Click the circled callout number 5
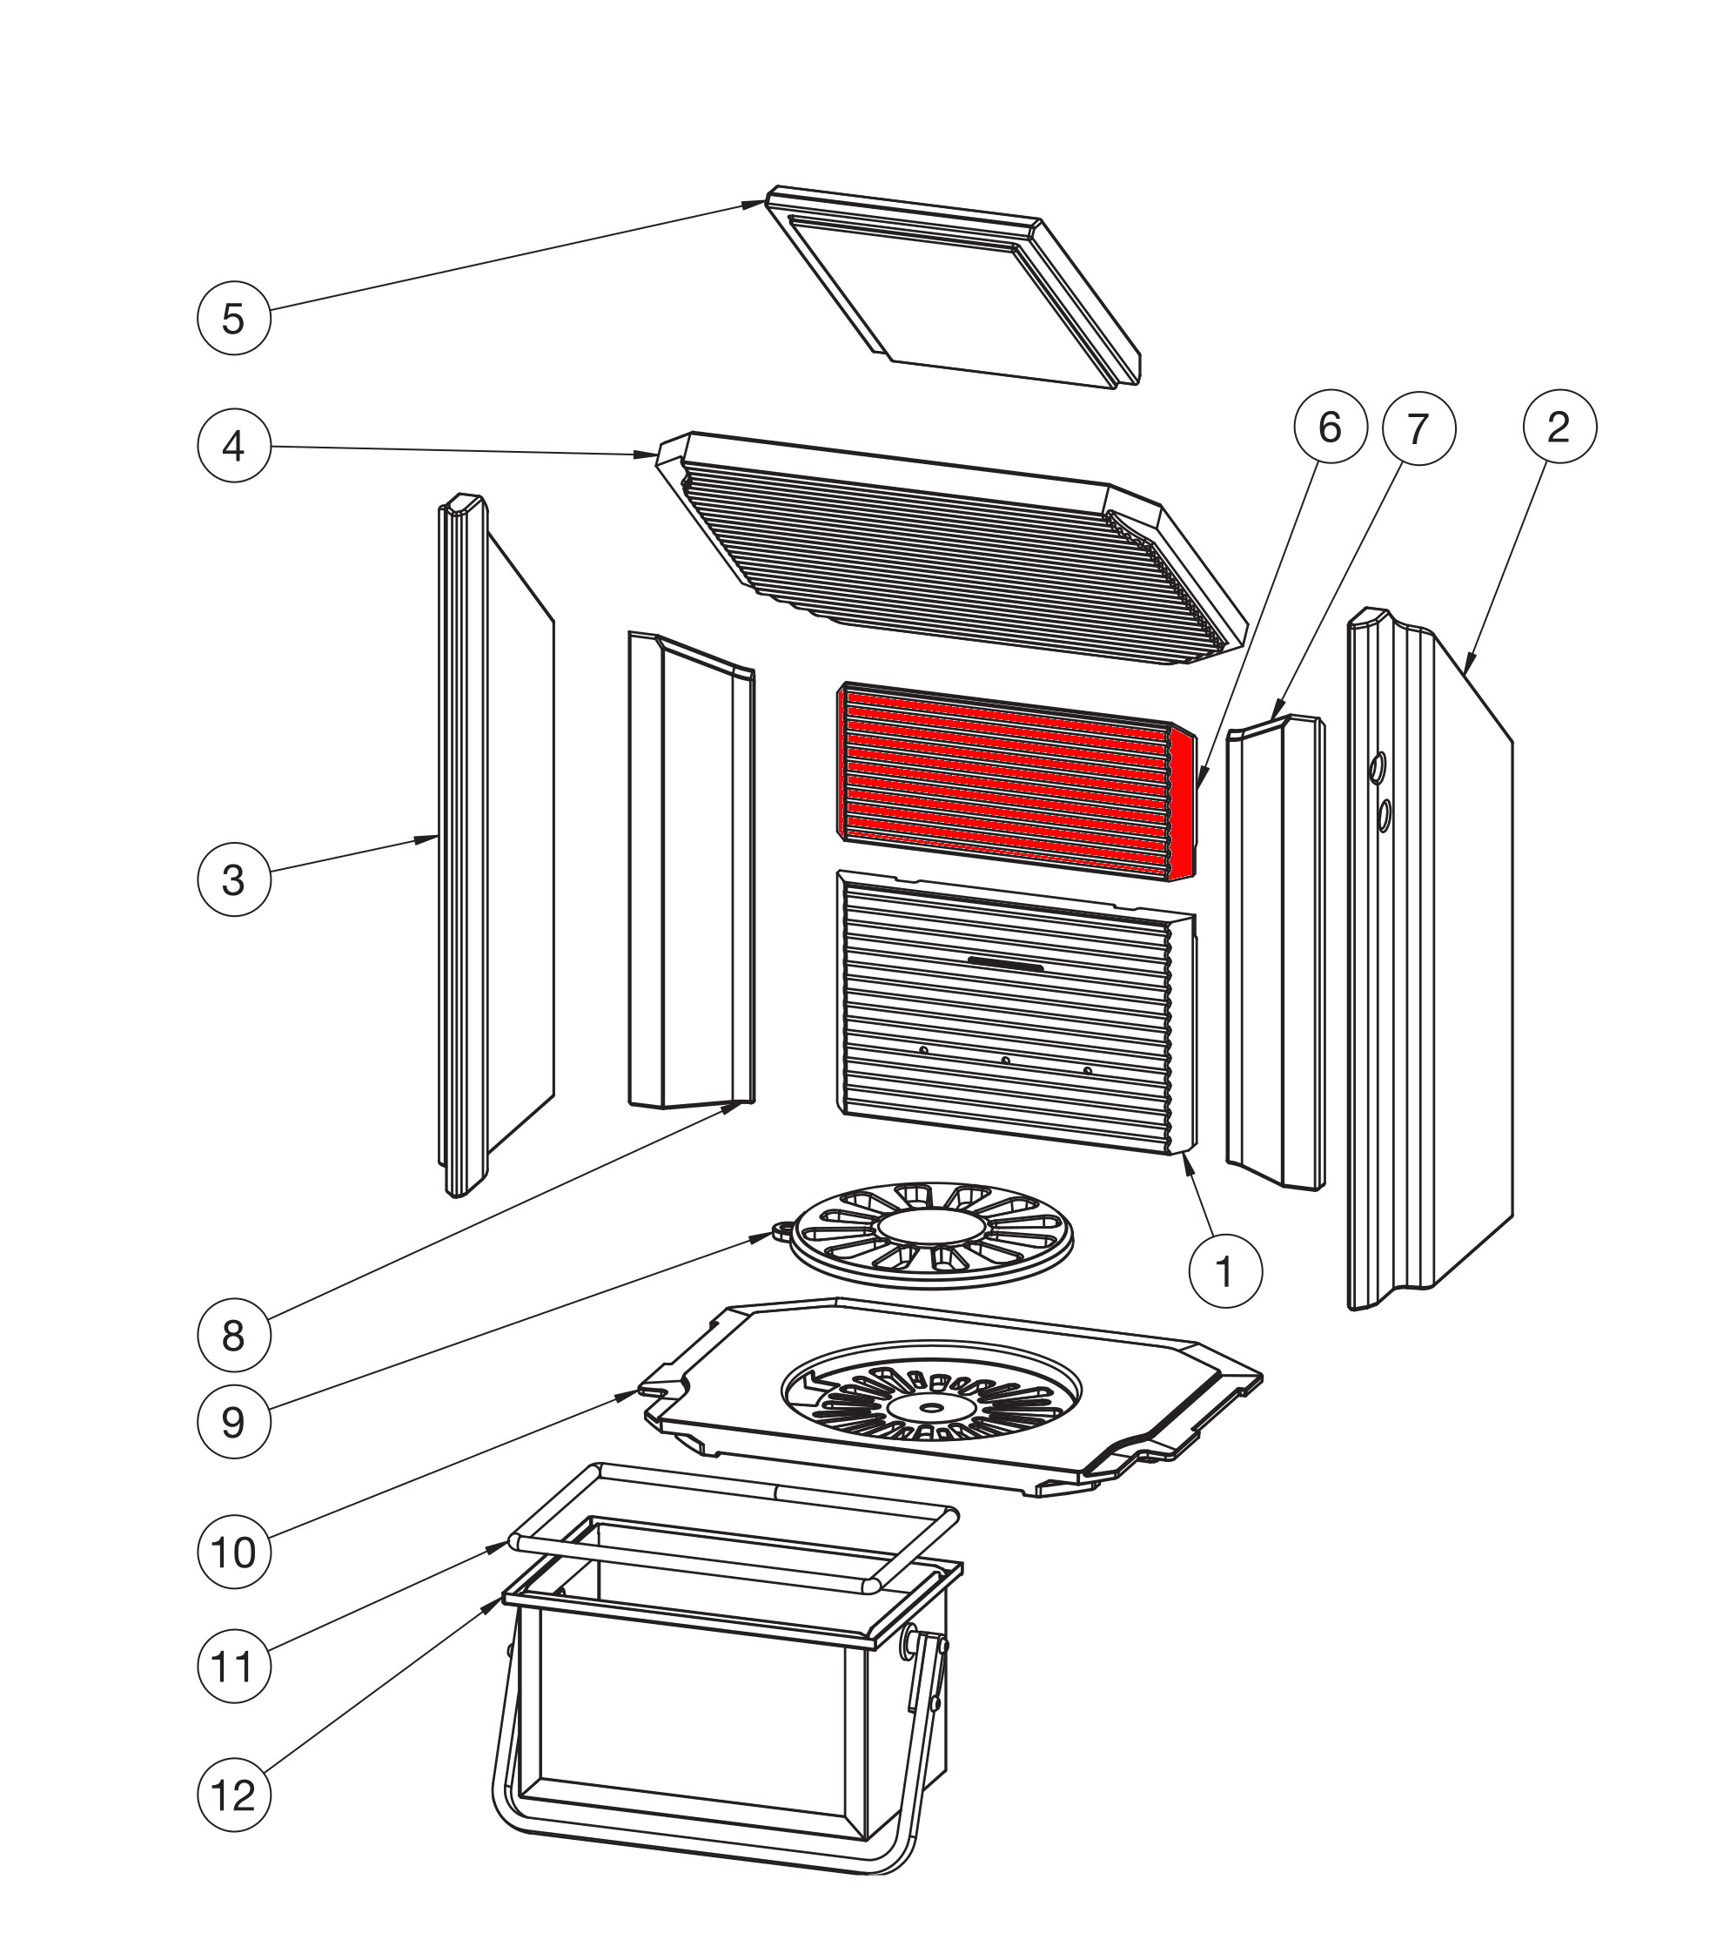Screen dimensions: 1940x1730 pyautogui.click(x=234, y=319)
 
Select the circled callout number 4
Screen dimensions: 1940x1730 pyautogui.click(x=234, y=446)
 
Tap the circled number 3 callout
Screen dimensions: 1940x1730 pyautogui.click(x=234, y=879)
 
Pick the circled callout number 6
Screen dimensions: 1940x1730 pyautogui.click(x=1330, y=427)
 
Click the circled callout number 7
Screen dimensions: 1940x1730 pyautogui.click(x=1418, y=429)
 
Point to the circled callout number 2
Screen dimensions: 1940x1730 pyautogui.click(x=1559, y=427)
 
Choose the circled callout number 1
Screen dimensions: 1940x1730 pyautogui.click(x=1225, y=1271)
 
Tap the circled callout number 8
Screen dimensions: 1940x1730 pyautogui.click(x=234, y=1336)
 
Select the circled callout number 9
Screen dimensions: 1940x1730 pyautogui.click(x=234, y=1422)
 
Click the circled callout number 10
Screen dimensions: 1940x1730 pyautogui.click(x=234, y=1553)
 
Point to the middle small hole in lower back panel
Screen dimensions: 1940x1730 pyautogui.click(x=1005, y=1060)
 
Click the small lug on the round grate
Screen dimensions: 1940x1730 pyautogui.click(x=783, y=1230)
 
